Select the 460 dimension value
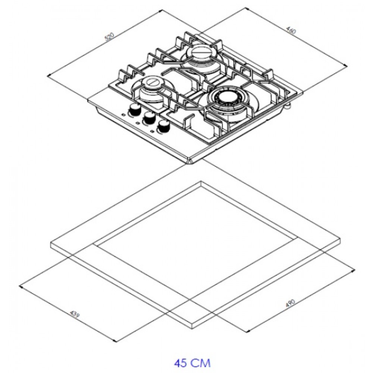point(291,31)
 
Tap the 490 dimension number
point(290,303)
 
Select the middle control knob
point(149,118)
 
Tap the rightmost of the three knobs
point(164,126)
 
